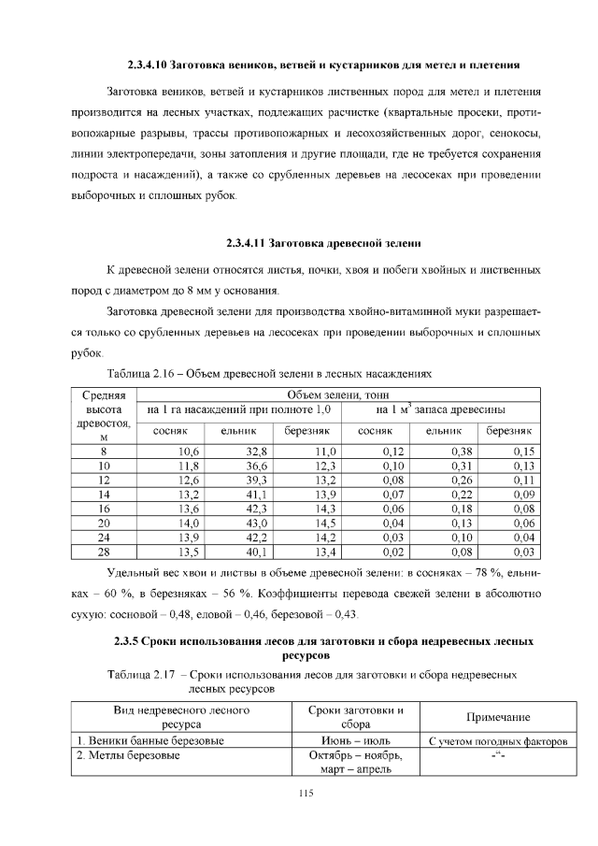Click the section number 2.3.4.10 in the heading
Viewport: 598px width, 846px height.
pos(153,65)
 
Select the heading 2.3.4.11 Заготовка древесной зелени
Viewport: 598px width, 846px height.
pos(324,243)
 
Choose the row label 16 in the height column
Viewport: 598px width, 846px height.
pos(104,509)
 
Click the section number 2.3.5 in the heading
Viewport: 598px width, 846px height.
pos(132,642)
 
